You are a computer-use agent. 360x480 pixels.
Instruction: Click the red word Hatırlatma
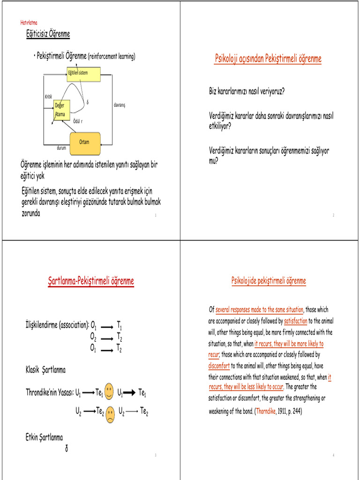point(29,22)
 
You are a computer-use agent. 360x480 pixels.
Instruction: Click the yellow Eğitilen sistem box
point(83,74)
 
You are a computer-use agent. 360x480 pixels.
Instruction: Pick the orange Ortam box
point(84,142)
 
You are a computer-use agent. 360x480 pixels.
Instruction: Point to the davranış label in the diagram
point(120,105)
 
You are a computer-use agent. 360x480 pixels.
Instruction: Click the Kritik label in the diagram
point(48,97)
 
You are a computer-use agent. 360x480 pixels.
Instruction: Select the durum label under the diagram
point(61,148)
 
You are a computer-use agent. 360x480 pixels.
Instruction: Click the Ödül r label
point(78,121)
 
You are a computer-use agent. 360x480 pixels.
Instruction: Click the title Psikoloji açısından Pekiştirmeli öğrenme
point(268,59)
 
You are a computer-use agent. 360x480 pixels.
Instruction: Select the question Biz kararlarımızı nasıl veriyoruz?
point(247,91)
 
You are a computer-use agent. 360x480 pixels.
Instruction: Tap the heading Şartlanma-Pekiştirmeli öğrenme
point(91,281)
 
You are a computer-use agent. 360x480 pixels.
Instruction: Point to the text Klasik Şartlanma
point(45,370)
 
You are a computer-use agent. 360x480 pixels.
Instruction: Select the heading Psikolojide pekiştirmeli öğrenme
point(269,281)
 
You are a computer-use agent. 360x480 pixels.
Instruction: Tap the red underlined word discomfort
point(219,366)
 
